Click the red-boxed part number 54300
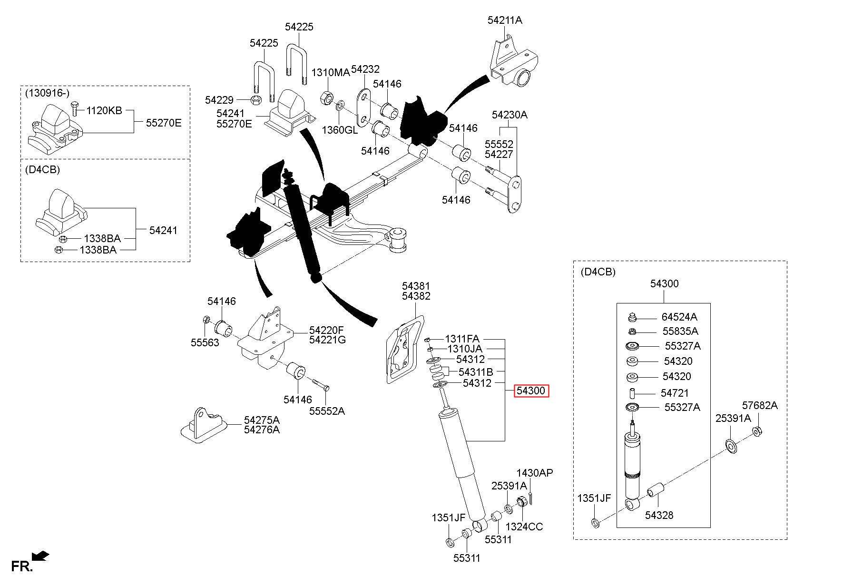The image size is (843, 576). coord(531,391)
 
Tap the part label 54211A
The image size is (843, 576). coord(505,20)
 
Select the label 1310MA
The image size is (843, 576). coord(330,72)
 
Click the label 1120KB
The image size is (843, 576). coord(104,111)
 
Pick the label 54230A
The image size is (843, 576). coord(510,115)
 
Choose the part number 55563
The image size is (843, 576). coord(205,342)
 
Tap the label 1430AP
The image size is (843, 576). coord(535,473)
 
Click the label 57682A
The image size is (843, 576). coord(760,405)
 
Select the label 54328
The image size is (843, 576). coord(659,515)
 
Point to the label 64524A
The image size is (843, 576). coord(679,317)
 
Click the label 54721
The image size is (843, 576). coord(675,393)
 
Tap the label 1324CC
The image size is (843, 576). coord(524,527)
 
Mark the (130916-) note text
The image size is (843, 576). coord(47,93)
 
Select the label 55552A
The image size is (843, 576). coord(327,411)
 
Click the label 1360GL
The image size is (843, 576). coord(340,129)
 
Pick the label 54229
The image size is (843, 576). coord(219,100)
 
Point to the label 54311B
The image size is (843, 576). coord(476,371)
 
